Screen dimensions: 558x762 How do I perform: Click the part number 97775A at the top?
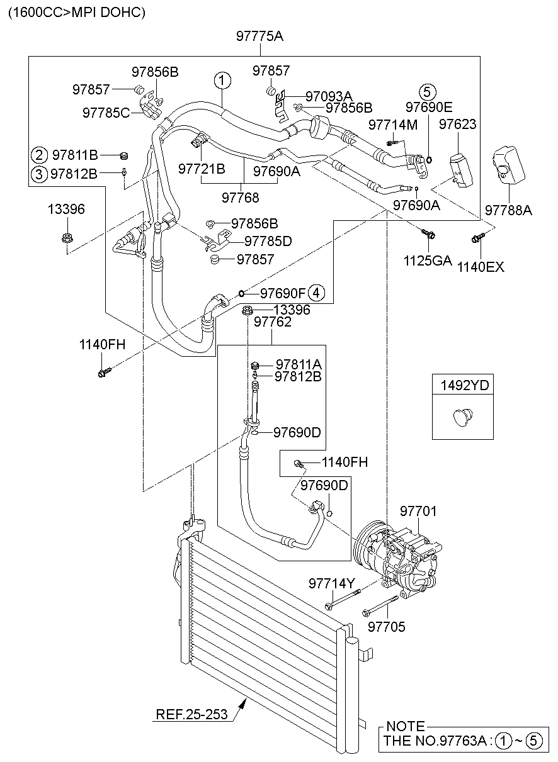click(x=259, y=36)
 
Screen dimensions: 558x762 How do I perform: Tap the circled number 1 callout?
click(x=222, y=81)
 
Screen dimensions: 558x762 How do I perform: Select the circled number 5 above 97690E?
click(x=428, y=92)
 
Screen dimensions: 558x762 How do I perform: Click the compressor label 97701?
click(x=418, y=511)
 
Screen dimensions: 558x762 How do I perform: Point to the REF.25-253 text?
click(x=191, y=714)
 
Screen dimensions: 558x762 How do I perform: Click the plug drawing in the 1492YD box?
click(x=463, y=417)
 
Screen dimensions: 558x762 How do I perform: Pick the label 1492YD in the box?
click(x=465, y=386)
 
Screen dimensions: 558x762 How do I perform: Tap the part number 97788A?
click(x=508, y=210)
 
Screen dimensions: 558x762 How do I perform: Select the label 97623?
click(x=458, y=124)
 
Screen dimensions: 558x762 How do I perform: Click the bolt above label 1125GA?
click(x=429, y=233)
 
